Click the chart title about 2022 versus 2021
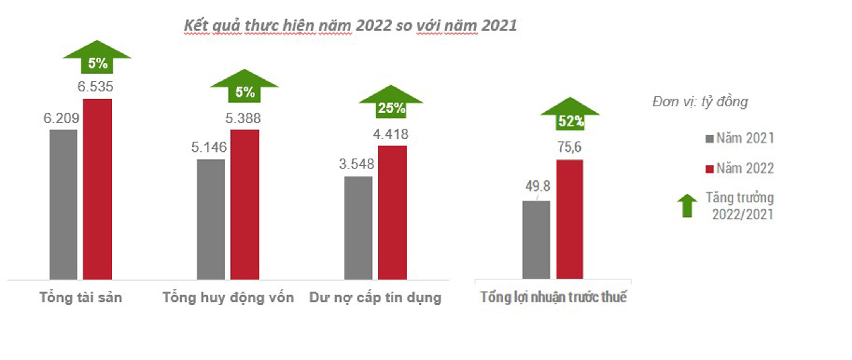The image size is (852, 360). pos(350,26)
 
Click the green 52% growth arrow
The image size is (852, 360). pos(570,114)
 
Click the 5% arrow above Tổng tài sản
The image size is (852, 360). pos(97,57)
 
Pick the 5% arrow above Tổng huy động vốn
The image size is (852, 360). pos(244,86)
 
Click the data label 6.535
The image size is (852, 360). pos(95,86)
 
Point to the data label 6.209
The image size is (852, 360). pos(61,118)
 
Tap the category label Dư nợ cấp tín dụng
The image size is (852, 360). pos(375,297)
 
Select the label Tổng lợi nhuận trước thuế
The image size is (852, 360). pos(553,297)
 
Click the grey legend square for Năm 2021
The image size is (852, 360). pos(709,139)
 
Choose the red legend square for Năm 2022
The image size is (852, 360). pos(709,169)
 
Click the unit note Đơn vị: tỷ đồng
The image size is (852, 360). pos(700,102)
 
